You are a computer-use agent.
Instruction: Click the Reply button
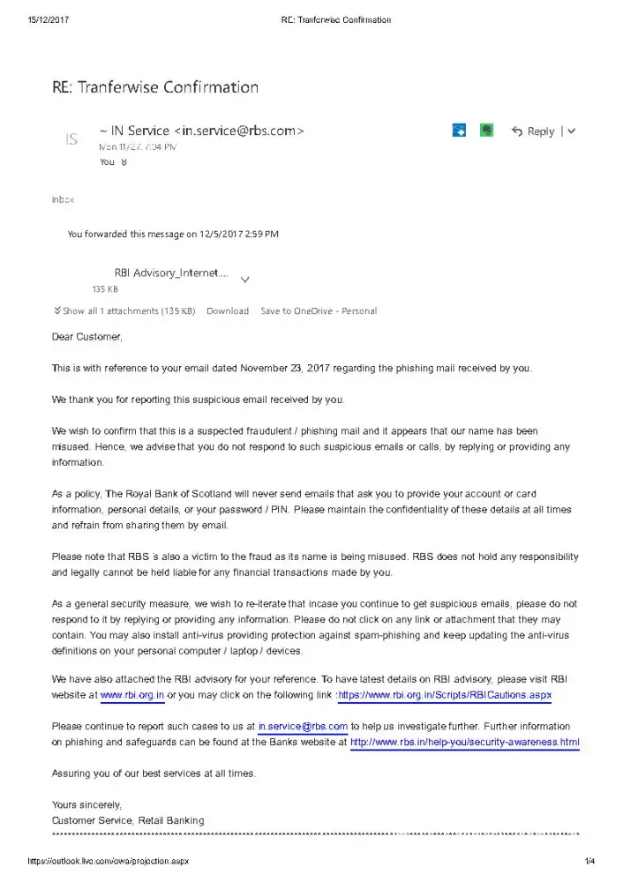[x=533, y=131]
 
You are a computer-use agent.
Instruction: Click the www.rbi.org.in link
[x=132, y=695]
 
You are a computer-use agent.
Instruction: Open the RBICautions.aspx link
[x=445, y=695]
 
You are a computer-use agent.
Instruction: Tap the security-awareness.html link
[x=465, y=743]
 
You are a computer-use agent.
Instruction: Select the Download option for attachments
[x=228, y=311]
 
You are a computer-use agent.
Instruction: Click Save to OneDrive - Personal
[x=319, y=311]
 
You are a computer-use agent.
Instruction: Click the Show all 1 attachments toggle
[x=124, y=311]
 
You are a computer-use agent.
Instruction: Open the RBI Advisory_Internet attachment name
[x=171, y=273]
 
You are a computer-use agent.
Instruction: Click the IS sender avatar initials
[x=72, y=138]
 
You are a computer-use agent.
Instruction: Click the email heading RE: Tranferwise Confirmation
[x=155, y=87]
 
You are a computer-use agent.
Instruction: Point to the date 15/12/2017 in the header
[x=49, y=19]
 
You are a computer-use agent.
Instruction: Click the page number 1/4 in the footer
[x=589, y=861]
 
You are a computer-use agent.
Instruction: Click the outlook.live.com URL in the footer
[x=108, y=861]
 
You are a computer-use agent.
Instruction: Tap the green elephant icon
[x=486, y=131]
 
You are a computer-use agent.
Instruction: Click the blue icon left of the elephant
[x=459, y=131]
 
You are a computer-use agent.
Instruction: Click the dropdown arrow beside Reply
[x=572, y=131]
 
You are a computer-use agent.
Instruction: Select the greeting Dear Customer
[x=87, y=337]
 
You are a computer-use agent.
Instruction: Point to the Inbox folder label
[x=63, y=200]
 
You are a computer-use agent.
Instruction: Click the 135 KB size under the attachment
[x=105, y=289]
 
